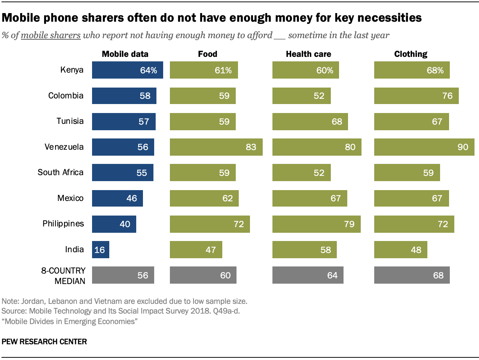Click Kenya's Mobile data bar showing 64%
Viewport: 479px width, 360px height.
click(127, 70)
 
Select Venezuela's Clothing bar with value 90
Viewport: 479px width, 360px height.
click(424, 147)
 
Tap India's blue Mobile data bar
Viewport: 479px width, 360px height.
click(100, 250)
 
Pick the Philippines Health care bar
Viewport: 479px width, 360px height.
click(316, 224)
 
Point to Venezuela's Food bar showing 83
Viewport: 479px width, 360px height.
click(216, 147)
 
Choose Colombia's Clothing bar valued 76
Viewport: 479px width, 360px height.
click(416, 96)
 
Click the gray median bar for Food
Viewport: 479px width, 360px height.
click(203, 275)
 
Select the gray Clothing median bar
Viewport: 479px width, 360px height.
click(412, 275)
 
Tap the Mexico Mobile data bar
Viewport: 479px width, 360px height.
click(117, 198)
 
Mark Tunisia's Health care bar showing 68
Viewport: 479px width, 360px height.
click(310, 121)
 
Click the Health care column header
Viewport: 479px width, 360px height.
click(308, 54)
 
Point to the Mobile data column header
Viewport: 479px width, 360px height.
click(125, 54)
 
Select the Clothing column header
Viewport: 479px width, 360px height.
click(411, 54)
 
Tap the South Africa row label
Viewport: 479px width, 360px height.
click(61, 173)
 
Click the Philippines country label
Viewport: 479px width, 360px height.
click(63, 224)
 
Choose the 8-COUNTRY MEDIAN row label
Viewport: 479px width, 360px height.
click(64, 275)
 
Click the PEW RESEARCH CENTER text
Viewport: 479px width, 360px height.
click(44, 342)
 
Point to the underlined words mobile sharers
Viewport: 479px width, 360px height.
click(51, 36)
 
